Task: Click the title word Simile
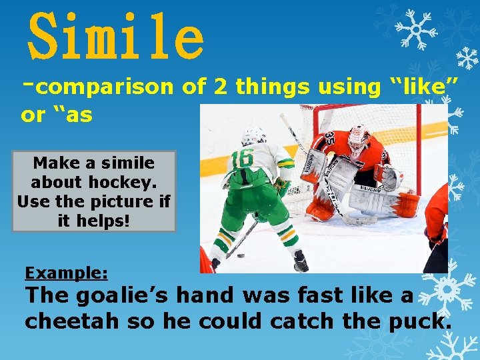[115, 37]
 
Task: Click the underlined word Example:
[66, 273]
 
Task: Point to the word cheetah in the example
[75, 321]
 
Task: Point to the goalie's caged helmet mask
[359, 139]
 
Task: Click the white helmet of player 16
[253, 136]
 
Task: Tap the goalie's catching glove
[389, 177]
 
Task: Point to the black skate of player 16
[301, 261]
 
